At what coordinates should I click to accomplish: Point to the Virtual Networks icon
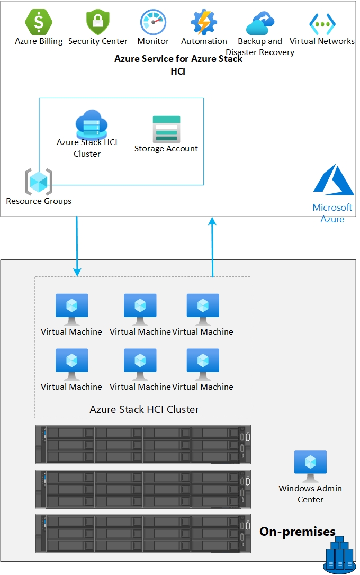point(322,23)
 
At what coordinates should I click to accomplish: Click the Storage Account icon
point(166,129)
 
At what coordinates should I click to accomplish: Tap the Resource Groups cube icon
point(39,182)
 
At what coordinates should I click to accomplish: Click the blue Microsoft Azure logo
point(333,180)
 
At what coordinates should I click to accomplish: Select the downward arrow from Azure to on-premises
point(77,246)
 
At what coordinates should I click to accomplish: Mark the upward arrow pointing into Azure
point(212,246)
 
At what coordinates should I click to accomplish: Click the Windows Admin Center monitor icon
point(310,465)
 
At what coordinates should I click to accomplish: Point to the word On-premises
point(298,532)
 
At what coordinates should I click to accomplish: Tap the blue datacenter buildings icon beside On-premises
point(338,555)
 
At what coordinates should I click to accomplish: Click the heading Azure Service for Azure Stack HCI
point(178,65)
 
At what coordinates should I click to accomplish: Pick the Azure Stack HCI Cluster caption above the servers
point(144,409)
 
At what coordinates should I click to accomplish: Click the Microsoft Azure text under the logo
point(332,213)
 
